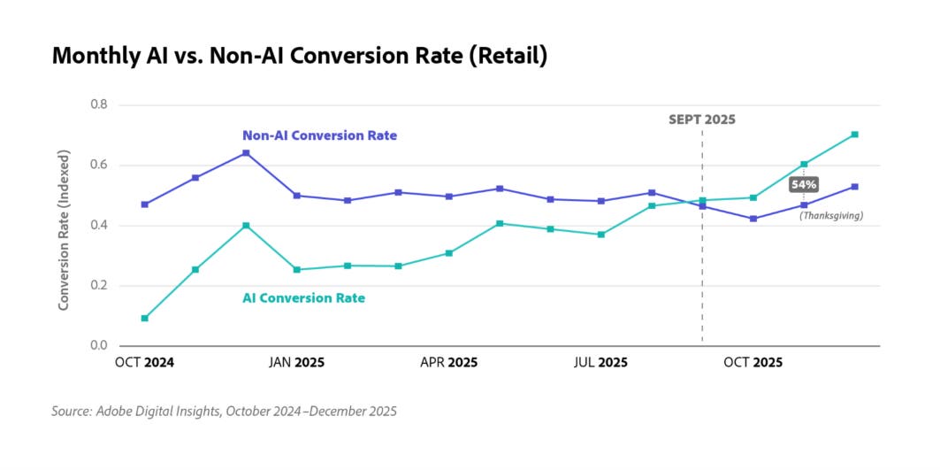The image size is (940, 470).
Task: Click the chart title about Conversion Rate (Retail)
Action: click(300, 56)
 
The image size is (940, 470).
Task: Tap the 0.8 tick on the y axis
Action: click(98, 104)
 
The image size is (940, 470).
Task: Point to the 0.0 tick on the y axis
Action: click(98, 345)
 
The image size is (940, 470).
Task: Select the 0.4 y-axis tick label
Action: click(98, 225)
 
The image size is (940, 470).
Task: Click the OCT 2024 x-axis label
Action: click(145, 363)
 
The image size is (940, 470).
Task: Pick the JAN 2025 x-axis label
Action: click(296, 363)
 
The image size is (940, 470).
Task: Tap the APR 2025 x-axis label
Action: click(448, 363)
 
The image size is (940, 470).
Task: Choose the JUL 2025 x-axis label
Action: click(600, 363)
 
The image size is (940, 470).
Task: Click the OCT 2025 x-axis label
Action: click(753, 363)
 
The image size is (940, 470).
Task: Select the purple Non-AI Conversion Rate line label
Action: click(319, 135)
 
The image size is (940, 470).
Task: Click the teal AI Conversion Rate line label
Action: click(303, 298)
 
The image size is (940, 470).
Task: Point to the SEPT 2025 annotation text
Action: click(701, 119)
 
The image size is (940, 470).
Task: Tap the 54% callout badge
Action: click(804, 184)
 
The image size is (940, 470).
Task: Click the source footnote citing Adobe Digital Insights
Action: click(225, 412)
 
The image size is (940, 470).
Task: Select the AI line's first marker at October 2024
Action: click(145, 318)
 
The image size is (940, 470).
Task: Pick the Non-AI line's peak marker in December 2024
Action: click(246, 153)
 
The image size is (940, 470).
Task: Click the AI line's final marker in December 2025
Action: click(854, 135)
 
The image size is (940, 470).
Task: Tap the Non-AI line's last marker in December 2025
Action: click(854, 187)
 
